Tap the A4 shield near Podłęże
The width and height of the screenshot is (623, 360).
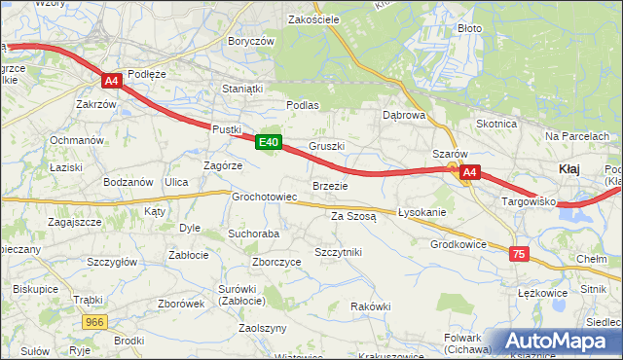(x=112, y=82)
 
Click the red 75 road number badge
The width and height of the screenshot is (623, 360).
(x=519, y=253)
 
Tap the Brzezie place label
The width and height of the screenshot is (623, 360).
(x=330, y=185)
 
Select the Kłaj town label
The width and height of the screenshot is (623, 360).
(x=569, y=169)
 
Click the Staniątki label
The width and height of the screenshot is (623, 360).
(x=242, y=88)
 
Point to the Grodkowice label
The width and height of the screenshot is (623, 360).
(x=458, y=244)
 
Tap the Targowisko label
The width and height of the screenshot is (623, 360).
(x=528, y=201)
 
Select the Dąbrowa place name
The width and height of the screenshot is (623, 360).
(x=404, y=115)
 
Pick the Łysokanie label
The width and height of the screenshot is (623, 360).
(x=421, y=212)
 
